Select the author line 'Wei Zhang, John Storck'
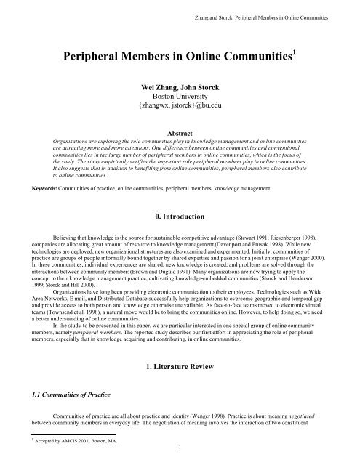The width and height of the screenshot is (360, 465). pos(180,105)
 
